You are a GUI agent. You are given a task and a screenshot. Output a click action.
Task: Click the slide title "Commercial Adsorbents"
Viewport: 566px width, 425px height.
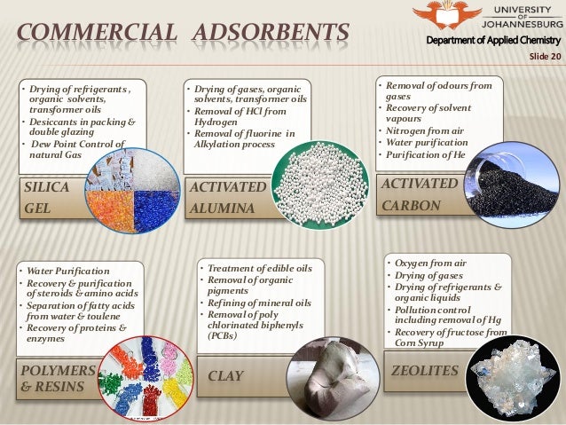(x=177, y=35)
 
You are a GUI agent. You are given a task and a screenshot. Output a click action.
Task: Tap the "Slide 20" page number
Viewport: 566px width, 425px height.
(x=543, y=56)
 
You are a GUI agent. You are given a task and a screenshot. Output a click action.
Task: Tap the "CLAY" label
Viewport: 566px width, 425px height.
(x=225, y=376)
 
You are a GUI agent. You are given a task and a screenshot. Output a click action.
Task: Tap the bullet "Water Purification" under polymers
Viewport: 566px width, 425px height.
(x=69, y=270)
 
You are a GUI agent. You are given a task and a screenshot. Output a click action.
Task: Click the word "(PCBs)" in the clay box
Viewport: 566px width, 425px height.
(x=223, y=336)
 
